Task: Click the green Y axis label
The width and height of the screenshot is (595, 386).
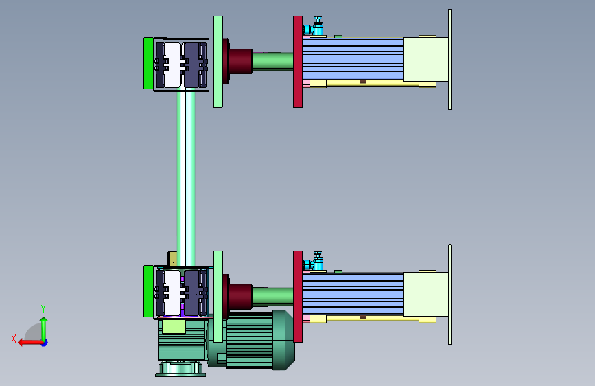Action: (x=43, y=309)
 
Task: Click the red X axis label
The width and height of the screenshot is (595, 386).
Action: (x=14, y=339)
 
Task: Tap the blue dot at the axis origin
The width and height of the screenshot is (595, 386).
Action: (x=45, y=343)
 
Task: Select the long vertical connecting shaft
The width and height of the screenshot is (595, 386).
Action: (x=186, y=179)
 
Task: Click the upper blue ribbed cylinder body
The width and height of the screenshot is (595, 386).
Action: (x=353, y=59)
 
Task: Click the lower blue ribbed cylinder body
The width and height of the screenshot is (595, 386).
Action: (x=353, y=294)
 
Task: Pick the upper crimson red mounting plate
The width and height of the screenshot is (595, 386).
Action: (x=298, y=62)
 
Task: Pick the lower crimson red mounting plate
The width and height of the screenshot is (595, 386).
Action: (x=298, y=296)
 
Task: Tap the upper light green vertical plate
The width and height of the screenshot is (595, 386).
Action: (x=218, y=62)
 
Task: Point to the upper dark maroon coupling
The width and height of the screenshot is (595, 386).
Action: (x=239, y=61)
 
